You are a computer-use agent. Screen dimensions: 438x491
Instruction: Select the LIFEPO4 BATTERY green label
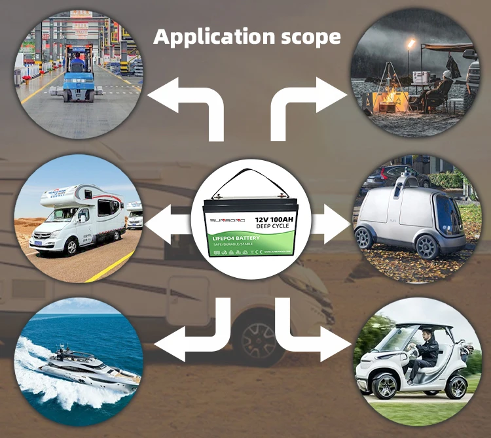pos(240,238)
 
